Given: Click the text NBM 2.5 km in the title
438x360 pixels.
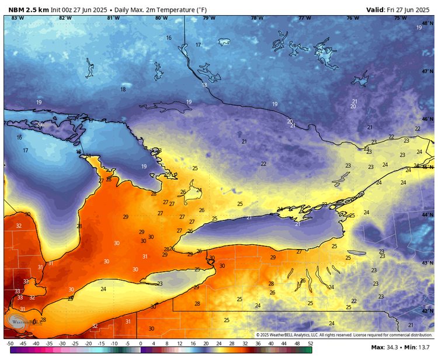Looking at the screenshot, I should coord(29,9).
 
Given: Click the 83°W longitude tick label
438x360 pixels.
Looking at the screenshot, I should coord(18,18).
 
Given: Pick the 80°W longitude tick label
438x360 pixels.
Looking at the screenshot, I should coord(161,18).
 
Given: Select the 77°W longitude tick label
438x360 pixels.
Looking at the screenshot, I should coord(304,18).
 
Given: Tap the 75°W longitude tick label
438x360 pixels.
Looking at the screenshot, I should coord(400,18).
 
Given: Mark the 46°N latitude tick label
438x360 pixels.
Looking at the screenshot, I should coord(427,119).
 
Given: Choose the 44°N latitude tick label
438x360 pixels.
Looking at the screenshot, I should coord(427,216).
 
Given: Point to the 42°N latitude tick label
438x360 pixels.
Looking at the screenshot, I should coord(427,311).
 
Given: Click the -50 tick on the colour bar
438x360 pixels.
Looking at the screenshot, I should coord(10,344).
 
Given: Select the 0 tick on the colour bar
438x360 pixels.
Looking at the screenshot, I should coord(141,344).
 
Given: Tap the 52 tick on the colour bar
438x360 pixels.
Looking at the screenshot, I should coord(310,344).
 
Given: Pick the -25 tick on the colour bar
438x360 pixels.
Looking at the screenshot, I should coord(75,344).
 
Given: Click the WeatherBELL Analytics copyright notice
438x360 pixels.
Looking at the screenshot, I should coord(345,335).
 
